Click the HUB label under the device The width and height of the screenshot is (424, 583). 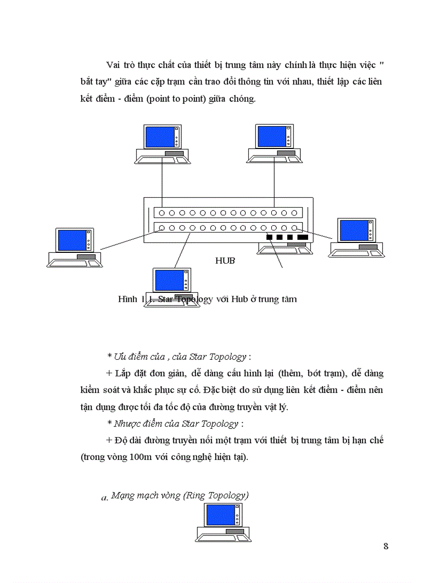225,261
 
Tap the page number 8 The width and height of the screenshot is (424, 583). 386,546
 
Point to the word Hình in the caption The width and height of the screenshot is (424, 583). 128,299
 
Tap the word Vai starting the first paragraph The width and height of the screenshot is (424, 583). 113,64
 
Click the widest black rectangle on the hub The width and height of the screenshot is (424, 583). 302,237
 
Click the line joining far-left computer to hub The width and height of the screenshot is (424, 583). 125,240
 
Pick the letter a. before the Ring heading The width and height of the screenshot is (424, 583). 104,498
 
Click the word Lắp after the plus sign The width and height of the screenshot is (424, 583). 123,373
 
